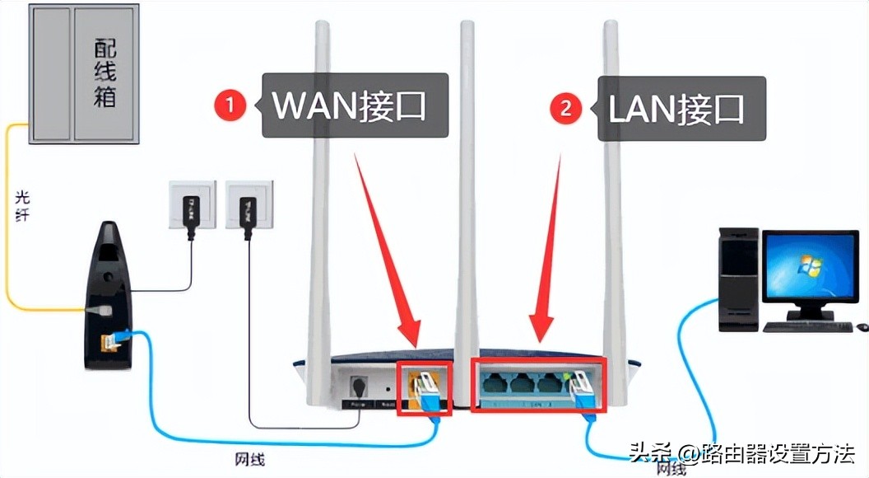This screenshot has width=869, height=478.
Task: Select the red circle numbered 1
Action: point(233,105)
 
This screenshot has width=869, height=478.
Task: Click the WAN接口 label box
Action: point(355,105)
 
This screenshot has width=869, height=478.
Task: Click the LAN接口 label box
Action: point(681,107)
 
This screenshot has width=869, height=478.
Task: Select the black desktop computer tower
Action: point(737,280)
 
